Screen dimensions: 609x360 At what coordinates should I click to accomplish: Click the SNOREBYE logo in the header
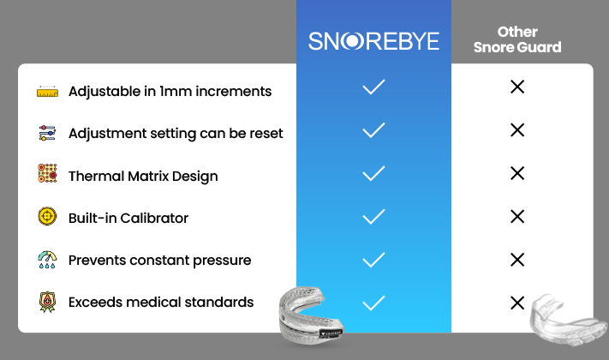pos(373,41)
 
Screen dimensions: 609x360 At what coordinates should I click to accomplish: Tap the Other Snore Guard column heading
pos(517,39)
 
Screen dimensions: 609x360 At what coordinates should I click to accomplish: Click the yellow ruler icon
pos(47,92)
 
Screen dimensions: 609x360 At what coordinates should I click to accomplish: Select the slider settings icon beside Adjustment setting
pos(47,133)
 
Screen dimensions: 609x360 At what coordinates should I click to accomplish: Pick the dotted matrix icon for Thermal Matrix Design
pos(47,173)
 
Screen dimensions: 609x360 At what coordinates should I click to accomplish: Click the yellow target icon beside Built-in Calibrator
pos(47,216)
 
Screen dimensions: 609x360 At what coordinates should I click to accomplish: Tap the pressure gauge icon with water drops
pos(47,260)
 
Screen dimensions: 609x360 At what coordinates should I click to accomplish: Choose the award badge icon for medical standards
pos(47,302)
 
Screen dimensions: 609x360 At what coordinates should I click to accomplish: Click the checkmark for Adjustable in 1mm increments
pos(373,87)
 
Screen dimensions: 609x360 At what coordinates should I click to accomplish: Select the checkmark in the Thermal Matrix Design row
pos(373,173)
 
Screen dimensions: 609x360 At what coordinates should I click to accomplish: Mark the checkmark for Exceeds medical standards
pos(373,303)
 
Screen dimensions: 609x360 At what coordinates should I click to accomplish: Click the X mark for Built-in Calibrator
pos(517,217)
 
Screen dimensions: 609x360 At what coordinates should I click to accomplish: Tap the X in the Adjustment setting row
pos(517,130)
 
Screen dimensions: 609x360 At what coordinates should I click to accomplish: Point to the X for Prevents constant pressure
pos(517,260)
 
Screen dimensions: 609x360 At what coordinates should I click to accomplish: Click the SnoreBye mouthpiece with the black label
pos(311,315)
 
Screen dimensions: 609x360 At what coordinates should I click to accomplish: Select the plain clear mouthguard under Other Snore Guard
pos(568,320)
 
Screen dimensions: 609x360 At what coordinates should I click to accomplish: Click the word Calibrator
pos(154,218)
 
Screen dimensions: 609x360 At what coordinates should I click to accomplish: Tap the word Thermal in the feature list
pos(96,176)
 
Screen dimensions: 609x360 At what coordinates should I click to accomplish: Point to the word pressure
pos(222,261)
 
